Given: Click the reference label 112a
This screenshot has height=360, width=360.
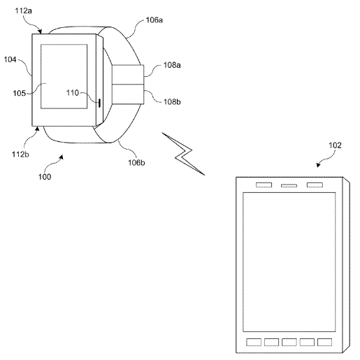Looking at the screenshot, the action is (x=23, y=10).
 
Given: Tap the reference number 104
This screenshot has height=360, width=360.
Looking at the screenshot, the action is (x=10, y=59).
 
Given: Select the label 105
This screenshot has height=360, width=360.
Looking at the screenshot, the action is (x=19, y=93).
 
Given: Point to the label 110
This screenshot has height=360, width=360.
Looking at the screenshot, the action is (x=73, y=93).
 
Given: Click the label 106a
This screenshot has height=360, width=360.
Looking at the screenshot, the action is (x=154, y=20).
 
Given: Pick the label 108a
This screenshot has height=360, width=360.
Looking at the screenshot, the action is (x=172, y=65).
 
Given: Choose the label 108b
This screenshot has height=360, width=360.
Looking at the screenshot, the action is (x=172, y=102).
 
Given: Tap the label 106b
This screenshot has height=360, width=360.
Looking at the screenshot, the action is (x=136, y=162).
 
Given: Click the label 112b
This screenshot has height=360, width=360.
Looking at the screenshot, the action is (x=20, y=154).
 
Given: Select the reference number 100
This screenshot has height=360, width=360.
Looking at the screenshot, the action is (x=45, y=177).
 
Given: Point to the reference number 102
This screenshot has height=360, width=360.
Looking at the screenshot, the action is (x=335, y=145).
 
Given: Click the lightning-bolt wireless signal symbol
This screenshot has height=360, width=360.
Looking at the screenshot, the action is (x=183, y=154).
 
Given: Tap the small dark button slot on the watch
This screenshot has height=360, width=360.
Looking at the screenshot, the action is (x=99, y=103).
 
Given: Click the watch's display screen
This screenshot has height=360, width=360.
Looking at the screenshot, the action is (x=64, y=76).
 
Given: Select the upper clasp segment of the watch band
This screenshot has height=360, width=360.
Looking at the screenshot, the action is (x=128, y=74).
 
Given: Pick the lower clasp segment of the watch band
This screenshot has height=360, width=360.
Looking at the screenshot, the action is (x=128, y=94).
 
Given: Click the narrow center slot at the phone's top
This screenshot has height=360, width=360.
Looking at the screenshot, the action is (x=289, y=186).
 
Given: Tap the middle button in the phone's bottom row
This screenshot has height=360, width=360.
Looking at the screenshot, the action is (x=289, y=343).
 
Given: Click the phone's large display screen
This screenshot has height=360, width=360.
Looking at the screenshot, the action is (x=289, y=262).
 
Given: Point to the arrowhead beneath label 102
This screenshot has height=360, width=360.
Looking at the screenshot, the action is (x=318, y=165).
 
